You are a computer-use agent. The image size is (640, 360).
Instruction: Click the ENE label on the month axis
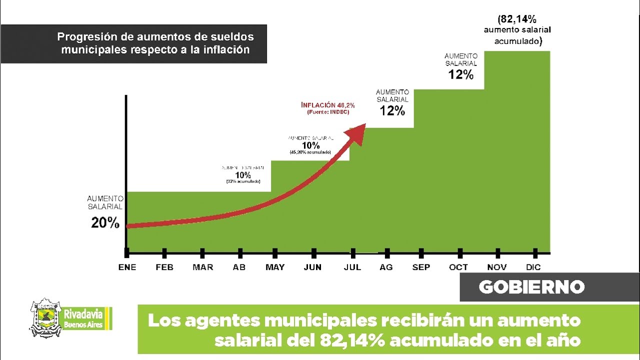pos(127,267)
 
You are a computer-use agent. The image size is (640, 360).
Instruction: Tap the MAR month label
pos(202,267)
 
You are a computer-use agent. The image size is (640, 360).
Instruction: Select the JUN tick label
pos(312,267)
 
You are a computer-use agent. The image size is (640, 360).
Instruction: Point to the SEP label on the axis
pos(421,267)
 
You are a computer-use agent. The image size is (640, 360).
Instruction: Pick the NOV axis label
pos(497,267)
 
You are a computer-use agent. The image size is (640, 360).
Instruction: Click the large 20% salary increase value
pos(105,223)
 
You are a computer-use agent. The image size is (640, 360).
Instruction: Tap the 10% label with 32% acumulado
pos(243,175)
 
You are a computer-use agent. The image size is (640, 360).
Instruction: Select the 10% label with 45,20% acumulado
pos(310,145)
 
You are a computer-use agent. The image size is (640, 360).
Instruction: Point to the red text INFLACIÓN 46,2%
pos(328,105)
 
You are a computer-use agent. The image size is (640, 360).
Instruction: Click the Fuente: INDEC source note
pos(328,112)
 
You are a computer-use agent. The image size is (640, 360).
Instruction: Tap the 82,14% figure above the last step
pos(518,20)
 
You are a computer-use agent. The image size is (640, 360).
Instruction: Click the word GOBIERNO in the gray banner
pos(531,287)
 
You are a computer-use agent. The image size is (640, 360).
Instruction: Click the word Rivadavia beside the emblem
pos(83,314)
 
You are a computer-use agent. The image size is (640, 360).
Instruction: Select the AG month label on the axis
pos(386,267)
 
